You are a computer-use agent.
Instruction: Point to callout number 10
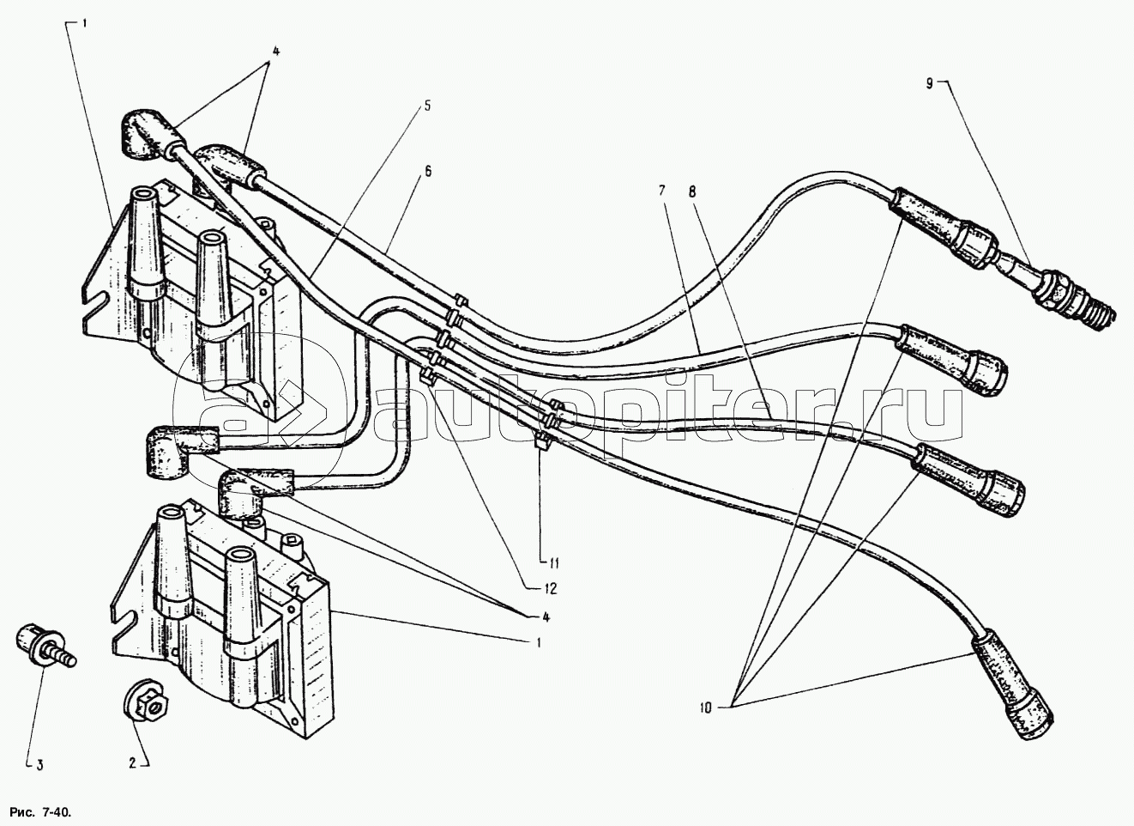point(706,708)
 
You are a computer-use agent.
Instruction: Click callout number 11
point(553,564)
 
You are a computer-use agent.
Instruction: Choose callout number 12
point(549,589)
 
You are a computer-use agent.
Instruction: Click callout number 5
point(426,107)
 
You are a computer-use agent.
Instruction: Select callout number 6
point(426,171)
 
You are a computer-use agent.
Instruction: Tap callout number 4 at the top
point(275,50)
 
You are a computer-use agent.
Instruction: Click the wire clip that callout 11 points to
point(542,444)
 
